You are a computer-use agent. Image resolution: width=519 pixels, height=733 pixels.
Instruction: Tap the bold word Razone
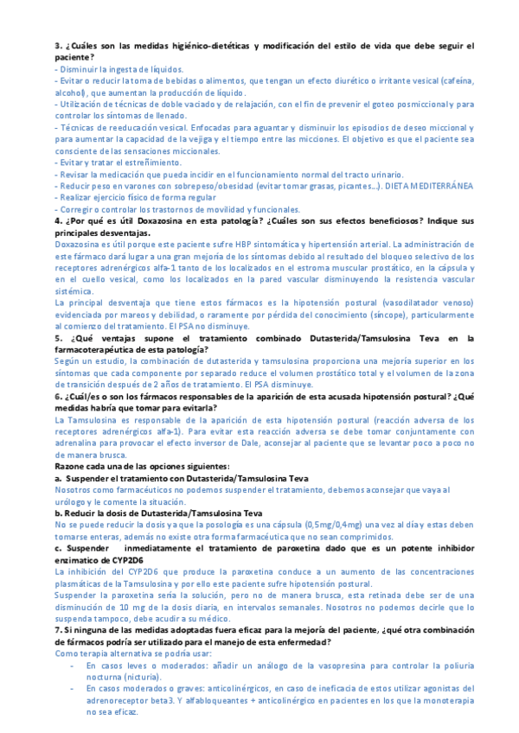(70, 465)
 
